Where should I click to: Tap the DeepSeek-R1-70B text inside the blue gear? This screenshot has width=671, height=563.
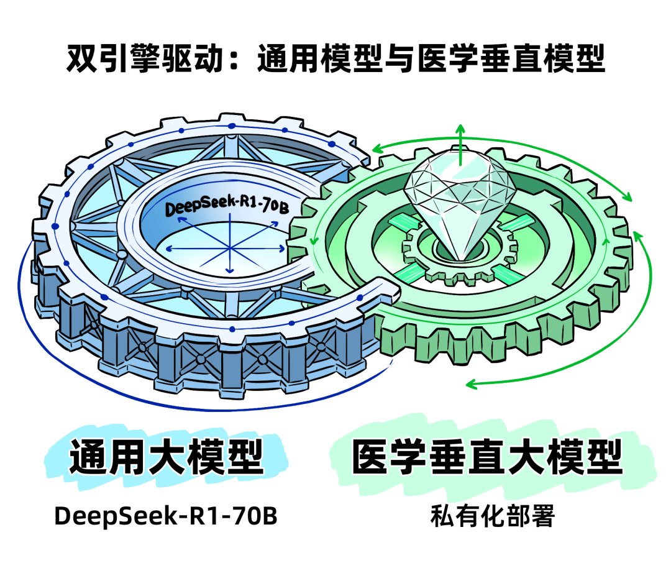227,205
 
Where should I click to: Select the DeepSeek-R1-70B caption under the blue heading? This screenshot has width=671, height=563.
166,516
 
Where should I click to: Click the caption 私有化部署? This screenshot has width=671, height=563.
492,516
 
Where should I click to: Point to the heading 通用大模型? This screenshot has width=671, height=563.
166,456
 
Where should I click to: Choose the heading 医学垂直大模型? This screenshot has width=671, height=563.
487,456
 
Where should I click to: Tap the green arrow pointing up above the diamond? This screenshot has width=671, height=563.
460,144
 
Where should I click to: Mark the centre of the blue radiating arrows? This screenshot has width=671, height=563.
230,247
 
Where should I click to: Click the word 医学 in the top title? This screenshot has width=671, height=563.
447,58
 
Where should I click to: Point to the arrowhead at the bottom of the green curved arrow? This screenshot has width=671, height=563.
471,384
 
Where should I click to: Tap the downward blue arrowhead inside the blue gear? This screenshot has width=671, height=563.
230,270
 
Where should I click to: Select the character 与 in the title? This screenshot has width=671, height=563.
399,58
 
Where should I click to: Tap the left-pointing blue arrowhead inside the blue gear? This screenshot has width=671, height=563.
168,249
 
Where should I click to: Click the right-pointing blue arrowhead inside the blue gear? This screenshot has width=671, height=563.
281,248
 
